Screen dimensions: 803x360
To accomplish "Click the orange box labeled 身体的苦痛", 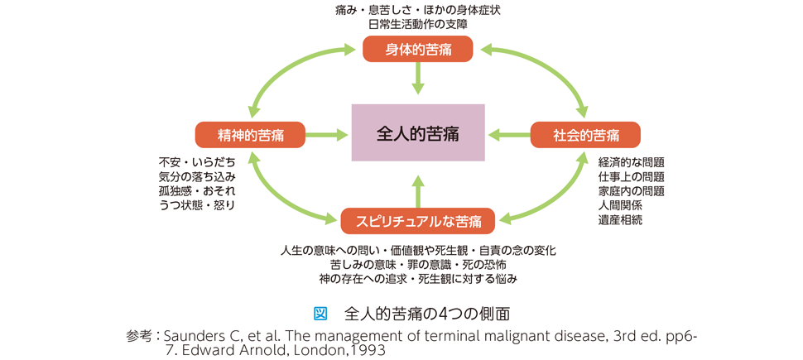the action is pos(418,49).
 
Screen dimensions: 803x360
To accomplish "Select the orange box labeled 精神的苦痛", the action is pos(251,135).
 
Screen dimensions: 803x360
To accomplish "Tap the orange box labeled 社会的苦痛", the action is pos(585,135).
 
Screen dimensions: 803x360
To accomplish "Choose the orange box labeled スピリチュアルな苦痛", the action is pos(418,221).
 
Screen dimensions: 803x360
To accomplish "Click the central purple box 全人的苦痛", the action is pos(418,132).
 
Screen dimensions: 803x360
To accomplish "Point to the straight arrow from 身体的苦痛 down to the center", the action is pos(418,78).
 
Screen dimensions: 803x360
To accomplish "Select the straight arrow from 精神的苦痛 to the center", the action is pos(326,135).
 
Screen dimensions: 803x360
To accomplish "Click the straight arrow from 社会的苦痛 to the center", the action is pos(510,135).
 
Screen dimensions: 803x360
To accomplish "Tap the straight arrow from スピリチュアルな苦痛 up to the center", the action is pos(418,191).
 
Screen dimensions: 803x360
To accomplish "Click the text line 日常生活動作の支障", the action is pos(418,23).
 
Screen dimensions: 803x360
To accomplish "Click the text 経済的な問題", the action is pos(632,163).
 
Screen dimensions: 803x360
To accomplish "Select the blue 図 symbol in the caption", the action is pos(320,313).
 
